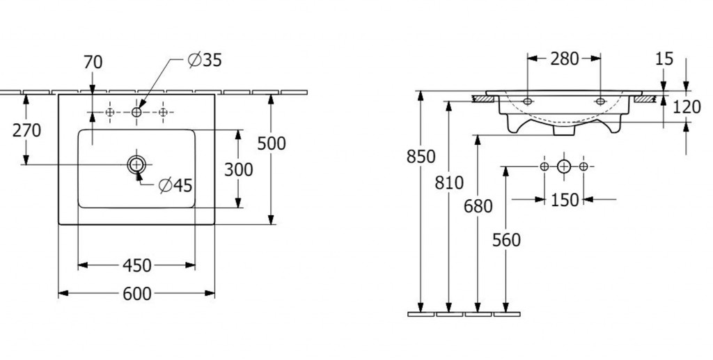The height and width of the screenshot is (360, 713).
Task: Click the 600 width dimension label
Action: point(137,294)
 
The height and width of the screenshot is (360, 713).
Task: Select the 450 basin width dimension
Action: point(137,265)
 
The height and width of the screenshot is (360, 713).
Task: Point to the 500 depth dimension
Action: point(271,143)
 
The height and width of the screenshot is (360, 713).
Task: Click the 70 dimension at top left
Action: point(93,63)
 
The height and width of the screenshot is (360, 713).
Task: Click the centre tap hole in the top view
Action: point(136,111)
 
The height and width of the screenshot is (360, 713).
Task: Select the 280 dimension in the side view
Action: point(564,59)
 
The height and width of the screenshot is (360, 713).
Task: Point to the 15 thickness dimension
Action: point(664,59)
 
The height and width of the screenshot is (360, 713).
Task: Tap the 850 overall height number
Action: point(421,157)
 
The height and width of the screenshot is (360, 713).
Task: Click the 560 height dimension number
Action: point(506,240)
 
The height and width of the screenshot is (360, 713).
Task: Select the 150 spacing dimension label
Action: point(564,201)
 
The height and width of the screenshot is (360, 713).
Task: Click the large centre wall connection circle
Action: point(564,166)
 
